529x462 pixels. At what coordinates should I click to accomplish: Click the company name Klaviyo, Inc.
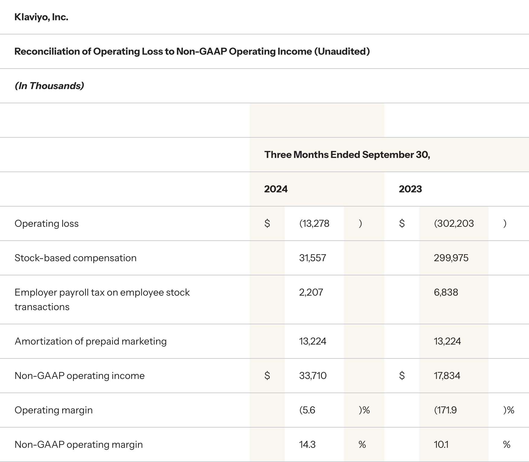41,17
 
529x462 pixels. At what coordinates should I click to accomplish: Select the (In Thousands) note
49,86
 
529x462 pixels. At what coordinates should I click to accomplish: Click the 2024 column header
276,189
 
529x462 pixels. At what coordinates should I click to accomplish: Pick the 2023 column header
410,189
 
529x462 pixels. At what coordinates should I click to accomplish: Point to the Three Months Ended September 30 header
347,155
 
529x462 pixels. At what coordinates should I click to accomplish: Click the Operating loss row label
46,223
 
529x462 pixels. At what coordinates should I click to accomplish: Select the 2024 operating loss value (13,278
314,223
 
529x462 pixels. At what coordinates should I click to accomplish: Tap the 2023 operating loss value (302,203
454,223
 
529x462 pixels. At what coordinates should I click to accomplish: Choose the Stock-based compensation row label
75,258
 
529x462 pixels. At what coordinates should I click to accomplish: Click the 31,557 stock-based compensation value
313,258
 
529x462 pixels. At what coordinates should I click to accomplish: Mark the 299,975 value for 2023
451,258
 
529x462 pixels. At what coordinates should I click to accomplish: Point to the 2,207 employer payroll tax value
311,292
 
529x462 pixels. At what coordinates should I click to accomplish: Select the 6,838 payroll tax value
446,292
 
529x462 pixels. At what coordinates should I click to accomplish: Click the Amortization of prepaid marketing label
91,341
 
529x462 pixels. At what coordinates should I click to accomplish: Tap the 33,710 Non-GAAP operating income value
313,376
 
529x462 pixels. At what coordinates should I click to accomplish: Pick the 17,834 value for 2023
447,376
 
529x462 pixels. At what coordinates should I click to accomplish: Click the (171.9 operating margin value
445,410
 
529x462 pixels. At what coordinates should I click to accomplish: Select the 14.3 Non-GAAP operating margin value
307,444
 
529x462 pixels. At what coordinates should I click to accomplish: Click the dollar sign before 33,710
267,376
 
